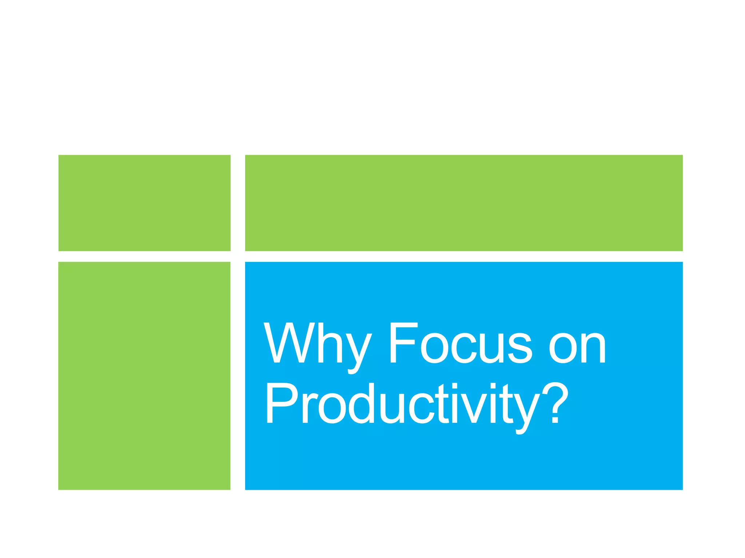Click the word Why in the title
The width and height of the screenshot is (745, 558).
317,344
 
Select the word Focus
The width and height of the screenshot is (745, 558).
460,343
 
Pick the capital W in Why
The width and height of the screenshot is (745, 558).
288,343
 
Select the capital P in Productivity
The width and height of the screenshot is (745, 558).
282,403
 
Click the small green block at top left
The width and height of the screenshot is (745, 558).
144,203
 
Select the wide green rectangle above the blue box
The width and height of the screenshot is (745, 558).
464,203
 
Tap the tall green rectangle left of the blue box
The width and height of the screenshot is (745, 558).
144,376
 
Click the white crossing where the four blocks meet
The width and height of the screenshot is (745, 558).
238,256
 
